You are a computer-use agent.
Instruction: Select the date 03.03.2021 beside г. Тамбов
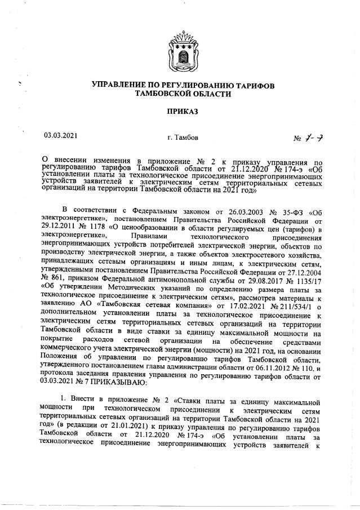[x=61, y=135]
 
